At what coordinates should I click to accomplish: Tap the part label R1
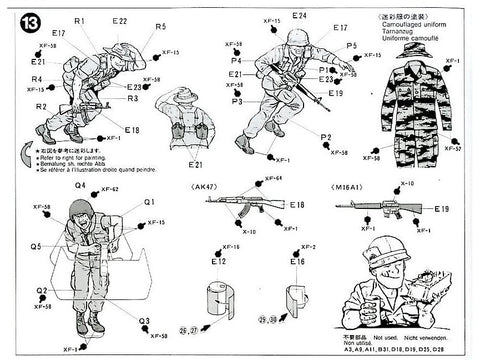[80, 20]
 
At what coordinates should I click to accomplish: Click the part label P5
[351, 45]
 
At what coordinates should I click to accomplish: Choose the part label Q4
[80, 186]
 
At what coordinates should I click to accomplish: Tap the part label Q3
[146, 320]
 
